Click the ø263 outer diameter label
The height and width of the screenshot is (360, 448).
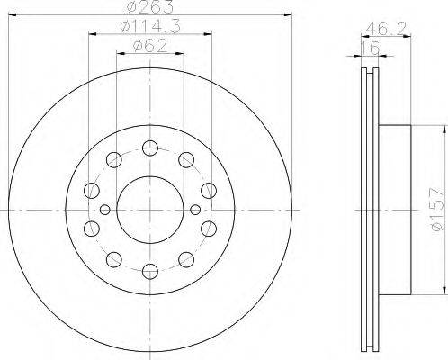click(150, 6)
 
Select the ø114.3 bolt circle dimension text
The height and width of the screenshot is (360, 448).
click(150, 27)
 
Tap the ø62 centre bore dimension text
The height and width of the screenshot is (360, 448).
click(150, 46)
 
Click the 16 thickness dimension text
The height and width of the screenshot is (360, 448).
click(371, 48)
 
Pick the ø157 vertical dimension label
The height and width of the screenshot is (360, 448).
click(436, 209)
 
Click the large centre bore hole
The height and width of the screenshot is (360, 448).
click(150, 210)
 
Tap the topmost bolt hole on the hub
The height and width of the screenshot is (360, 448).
click(150, 148)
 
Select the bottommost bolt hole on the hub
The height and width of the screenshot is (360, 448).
click(150, 271)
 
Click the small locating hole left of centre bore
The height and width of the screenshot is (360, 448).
click(105, 210)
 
